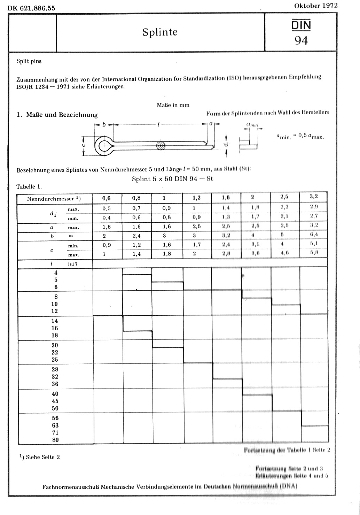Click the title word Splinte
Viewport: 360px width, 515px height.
pos(160,32)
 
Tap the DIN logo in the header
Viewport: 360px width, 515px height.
pos(301,25)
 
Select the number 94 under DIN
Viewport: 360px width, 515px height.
pos(301,41)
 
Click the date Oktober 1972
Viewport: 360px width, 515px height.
pos(316,6)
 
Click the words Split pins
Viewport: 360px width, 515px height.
pos(29,61)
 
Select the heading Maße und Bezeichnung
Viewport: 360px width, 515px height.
pos(62,115)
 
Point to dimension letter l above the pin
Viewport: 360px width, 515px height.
pos(158,124)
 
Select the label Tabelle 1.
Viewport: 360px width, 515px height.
pos(29,186)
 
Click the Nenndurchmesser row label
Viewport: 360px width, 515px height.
pos(50,199)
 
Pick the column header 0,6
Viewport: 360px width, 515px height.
pos(106,198)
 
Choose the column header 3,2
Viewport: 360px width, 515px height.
pos(313,196)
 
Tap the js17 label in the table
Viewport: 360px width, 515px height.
pos(73,264)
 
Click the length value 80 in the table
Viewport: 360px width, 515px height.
pos(55,440)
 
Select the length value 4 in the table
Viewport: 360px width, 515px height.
pos(56,273)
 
